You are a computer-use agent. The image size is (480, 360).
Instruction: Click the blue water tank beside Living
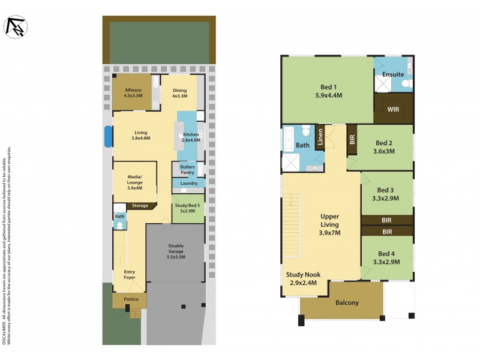(108, 136)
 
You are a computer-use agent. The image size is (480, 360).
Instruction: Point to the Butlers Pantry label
(187, 169)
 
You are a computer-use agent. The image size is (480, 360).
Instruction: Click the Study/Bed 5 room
(188, 208)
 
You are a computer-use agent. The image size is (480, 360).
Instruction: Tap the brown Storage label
(140, 205)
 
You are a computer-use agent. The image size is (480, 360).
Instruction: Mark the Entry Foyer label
(130, 275)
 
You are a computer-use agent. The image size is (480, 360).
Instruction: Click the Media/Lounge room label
(135, 181)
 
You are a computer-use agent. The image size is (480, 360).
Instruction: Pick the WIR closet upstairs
(393, 110)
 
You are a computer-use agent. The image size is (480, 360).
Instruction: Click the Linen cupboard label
(320, 139)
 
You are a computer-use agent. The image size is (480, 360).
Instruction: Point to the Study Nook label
(302, 278)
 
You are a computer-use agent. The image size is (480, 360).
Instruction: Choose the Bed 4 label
(386, 258)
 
